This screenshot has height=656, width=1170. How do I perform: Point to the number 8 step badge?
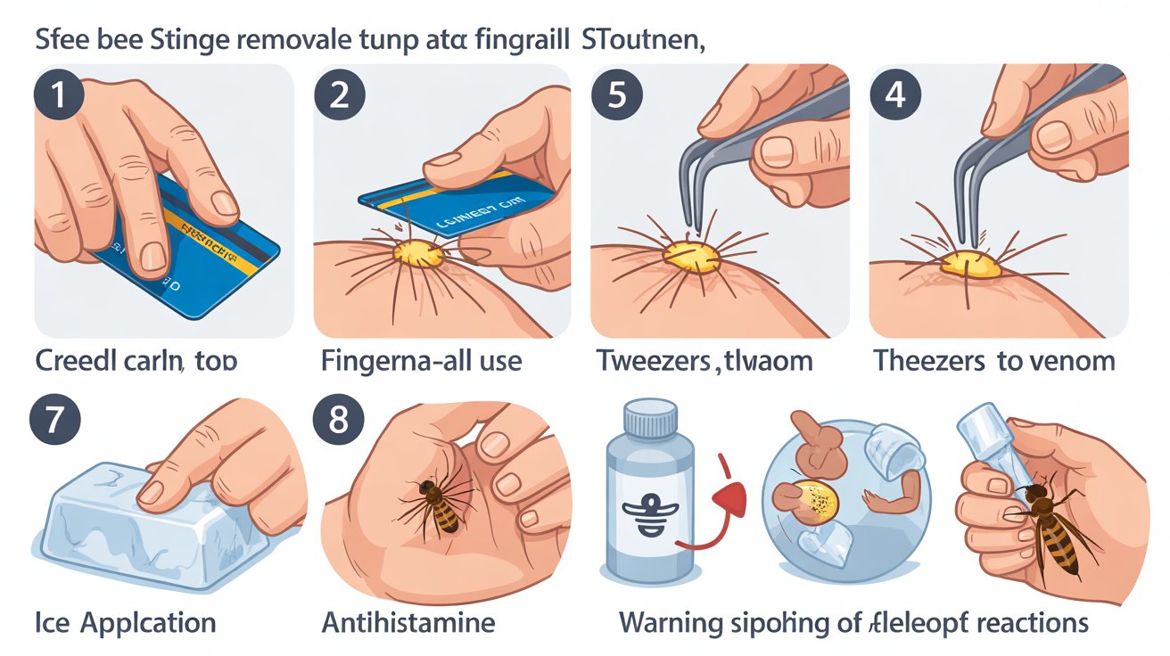pyautogui.click(x=339, y=420)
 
